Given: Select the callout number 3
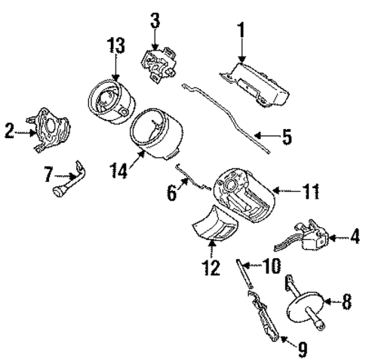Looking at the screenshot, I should (x=155, y=19).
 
